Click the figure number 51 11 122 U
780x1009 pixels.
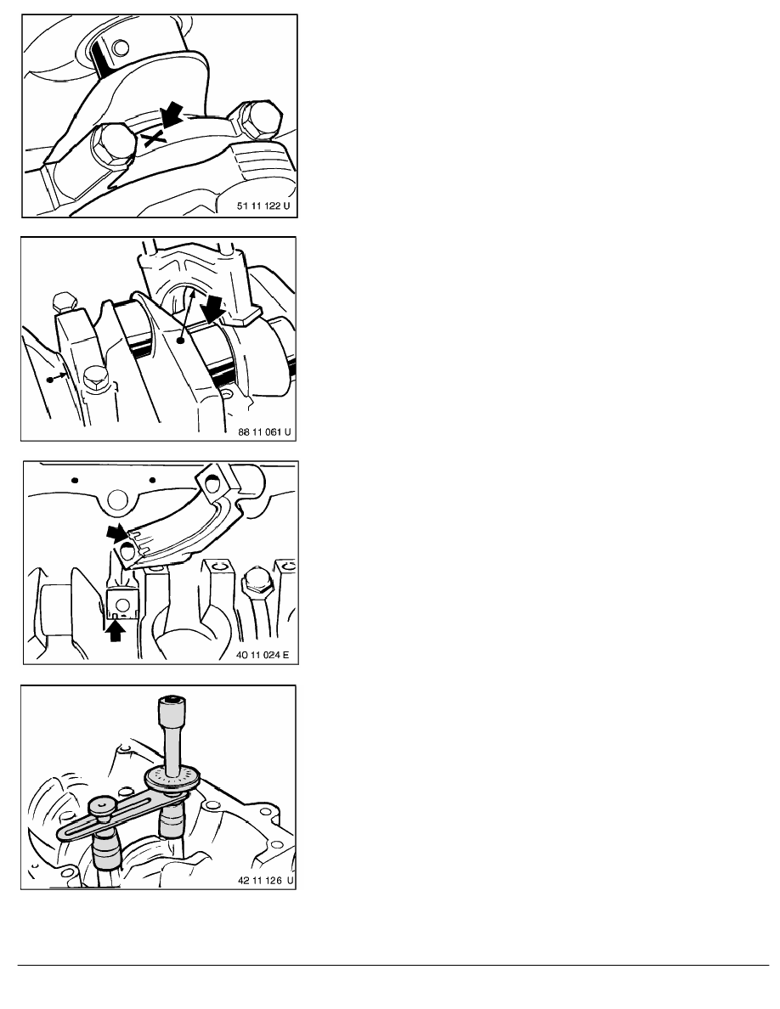263,206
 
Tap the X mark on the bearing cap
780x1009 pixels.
154,138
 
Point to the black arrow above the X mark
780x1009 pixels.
171,116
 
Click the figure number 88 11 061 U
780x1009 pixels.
264,431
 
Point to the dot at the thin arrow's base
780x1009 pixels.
181,341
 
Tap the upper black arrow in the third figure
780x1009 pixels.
119,533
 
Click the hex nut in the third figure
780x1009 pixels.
256,586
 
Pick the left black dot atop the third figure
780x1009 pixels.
76,480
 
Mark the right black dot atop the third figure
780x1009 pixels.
153,479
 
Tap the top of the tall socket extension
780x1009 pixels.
171,700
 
